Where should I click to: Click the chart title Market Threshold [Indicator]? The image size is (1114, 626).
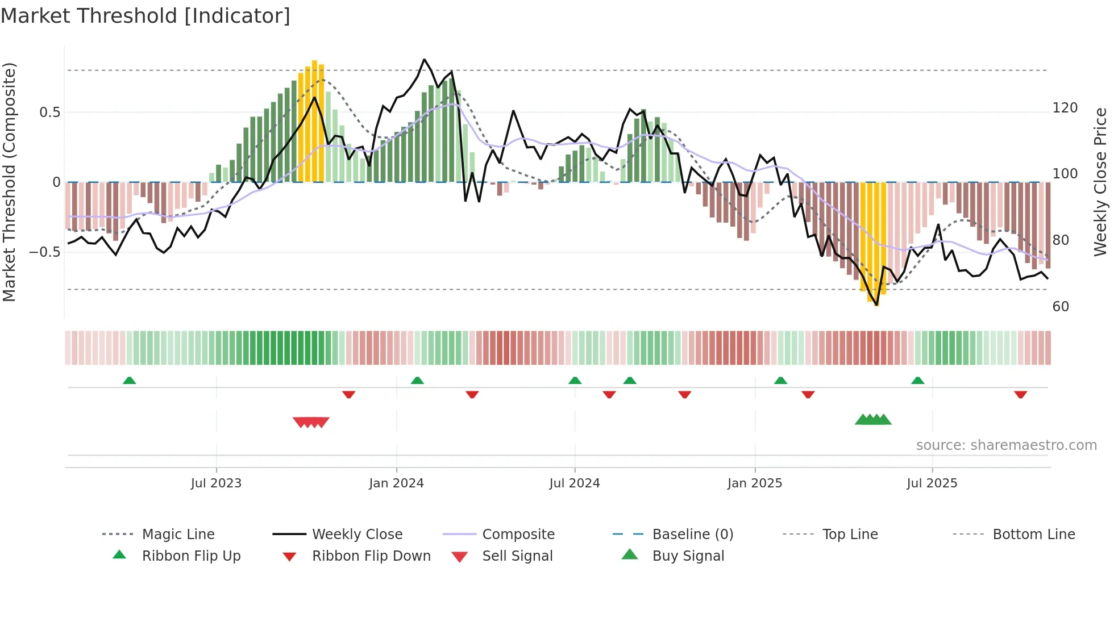(146, 16)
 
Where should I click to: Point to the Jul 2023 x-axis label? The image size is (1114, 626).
(216, 483)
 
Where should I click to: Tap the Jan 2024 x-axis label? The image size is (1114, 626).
(396, 483)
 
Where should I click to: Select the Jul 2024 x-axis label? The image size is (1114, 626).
(575, 483)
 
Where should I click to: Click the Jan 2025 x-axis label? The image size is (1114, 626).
(755, 483)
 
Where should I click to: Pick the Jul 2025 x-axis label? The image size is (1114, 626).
(932, 483)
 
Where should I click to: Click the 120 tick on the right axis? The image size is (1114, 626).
(1065, 108)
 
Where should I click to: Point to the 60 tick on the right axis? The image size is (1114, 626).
(1061, 307)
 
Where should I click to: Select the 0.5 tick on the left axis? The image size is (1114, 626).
(50, 112)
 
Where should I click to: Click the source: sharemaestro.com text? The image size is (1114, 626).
(1006, 445)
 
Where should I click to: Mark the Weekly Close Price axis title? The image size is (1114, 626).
(1100, 182)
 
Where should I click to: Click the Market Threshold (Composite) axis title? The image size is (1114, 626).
(9, 182)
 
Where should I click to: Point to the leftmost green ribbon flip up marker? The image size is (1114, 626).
(129, 381)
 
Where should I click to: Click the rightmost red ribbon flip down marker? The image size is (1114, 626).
(1020, 394)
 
